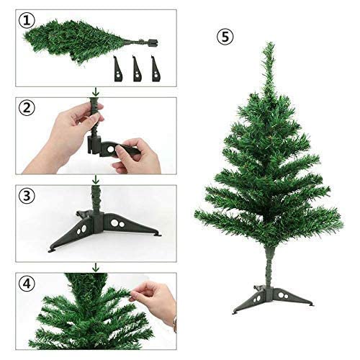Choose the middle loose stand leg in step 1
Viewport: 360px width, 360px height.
pos(137,69)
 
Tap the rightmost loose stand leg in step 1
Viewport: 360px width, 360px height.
pos(155,69)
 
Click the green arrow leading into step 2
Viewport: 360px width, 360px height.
pos(94,91)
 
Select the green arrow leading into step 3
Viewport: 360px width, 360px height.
pos(94,179)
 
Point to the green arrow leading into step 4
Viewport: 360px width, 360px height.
pos(94,267)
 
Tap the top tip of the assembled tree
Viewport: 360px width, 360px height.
pos(268,45)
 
